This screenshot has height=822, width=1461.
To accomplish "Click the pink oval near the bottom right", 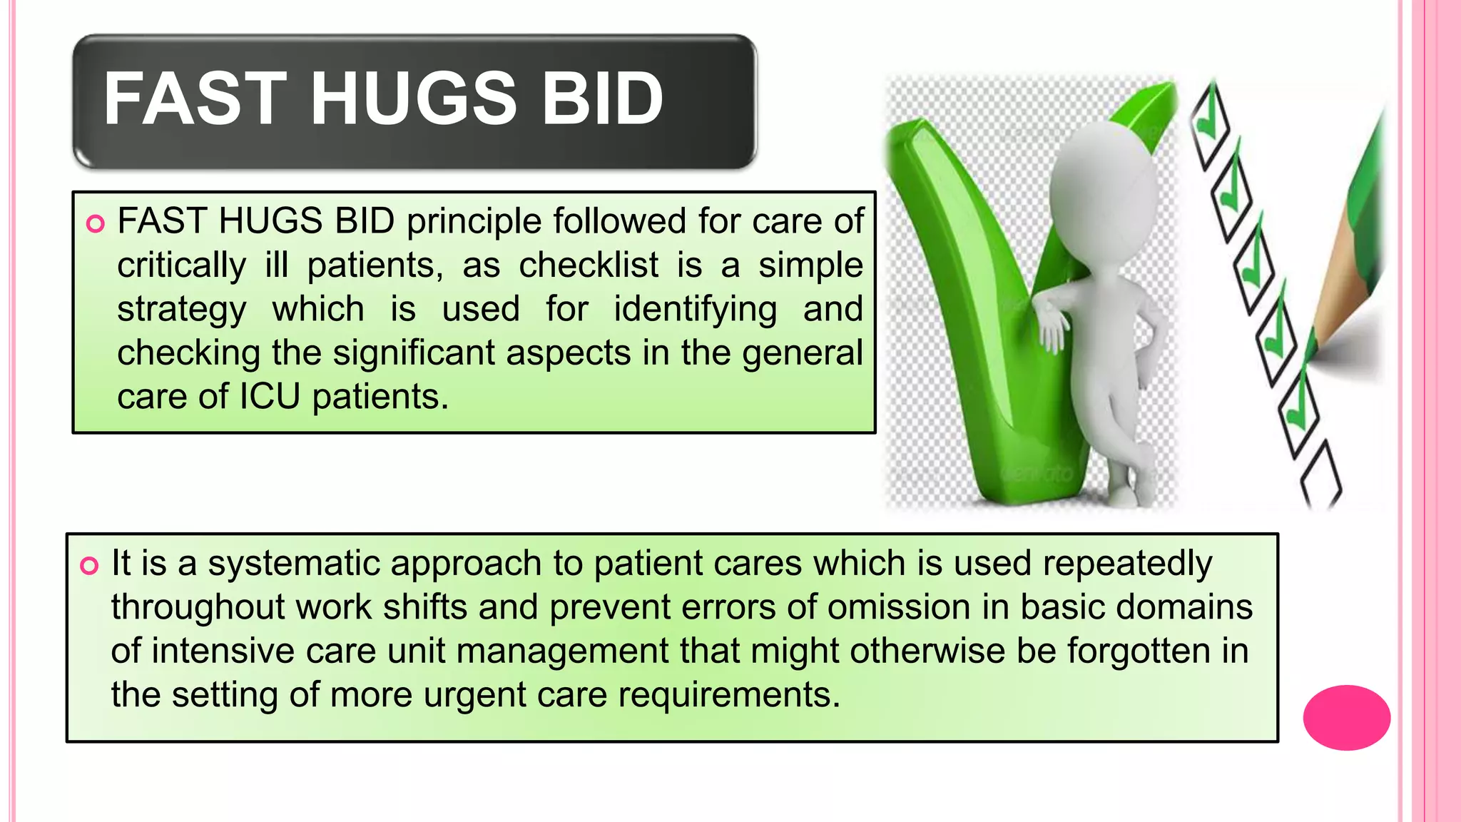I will (x=1346, y=717).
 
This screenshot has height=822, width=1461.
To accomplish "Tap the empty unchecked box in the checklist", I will (x=1320, y=475).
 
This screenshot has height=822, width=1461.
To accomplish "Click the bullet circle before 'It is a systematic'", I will (x=89, y=566).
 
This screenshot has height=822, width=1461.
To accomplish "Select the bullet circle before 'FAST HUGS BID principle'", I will (x=95, y=224).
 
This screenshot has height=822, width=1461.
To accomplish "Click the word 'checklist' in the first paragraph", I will (x=589, y=265).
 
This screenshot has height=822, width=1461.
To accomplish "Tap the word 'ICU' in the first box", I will (x=270, y=397).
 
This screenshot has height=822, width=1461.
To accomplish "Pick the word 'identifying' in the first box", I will (x=696, y=310).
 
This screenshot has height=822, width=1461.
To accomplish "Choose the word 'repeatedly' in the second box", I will (x=1127, y=564).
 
